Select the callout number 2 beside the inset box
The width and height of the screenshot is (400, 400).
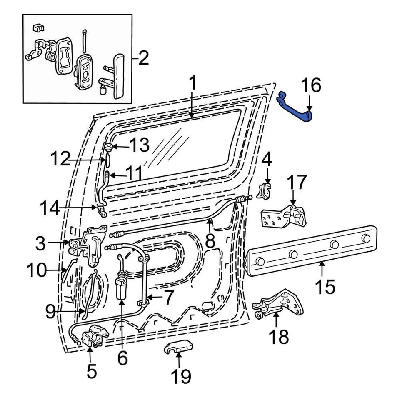coord(143,58)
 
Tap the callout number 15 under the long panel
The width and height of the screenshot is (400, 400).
coord(325,287)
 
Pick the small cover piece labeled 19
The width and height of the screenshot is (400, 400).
coord(177,347)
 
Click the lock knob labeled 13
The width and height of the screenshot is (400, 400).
coord(107,147)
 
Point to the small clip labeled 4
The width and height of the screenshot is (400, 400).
coord(265,190)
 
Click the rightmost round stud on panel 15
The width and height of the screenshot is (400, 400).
coord(366,238)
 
